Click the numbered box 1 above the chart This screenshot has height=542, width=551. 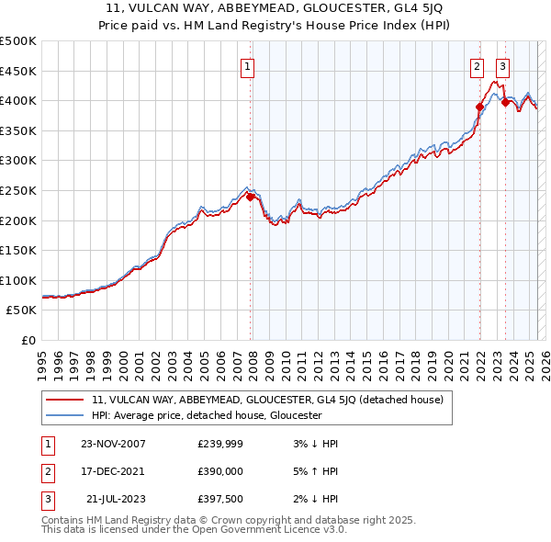[248, 66]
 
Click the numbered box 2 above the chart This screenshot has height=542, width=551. [478, 66]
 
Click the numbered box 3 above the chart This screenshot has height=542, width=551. [503, 66]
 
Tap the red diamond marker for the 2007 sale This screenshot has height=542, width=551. [251, 196]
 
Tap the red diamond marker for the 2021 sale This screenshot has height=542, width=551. [479, 107]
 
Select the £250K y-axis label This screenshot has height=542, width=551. [18, 190]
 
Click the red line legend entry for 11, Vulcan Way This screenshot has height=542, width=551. [266, 400]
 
